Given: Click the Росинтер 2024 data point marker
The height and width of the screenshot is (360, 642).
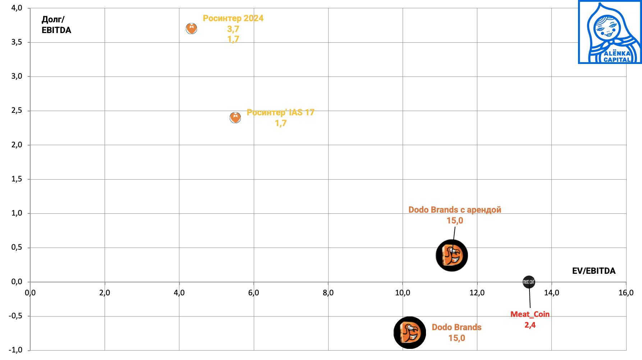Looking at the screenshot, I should click(x=192, y=28).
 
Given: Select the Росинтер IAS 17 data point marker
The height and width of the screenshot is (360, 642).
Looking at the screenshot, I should click(x=235, y=117).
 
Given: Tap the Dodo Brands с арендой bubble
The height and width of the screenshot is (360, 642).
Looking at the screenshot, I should click(x=452, y=255).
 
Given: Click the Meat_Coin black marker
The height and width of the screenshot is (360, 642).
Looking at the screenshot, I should click(x=529, y=282).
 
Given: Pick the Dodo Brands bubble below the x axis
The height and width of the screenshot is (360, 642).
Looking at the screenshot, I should click(x=410, y=333).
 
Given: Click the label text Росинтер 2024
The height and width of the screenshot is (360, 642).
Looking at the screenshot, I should click(x=233, y=18).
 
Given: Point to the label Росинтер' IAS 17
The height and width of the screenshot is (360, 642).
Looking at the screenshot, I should click(x=280, y=112).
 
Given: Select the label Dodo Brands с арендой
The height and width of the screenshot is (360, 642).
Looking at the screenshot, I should click(x=455, y=210).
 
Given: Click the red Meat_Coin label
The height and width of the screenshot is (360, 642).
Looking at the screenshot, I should click(x=530, y=314).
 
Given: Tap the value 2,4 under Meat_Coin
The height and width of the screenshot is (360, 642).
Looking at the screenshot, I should click(x=530, y=325).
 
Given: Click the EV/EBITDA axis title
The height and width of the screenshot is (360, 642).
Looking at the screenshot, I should click(x=593, y=271).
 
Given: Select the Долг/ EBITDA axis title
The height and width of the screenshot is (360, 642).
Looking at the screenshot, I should click(x=56, y=25).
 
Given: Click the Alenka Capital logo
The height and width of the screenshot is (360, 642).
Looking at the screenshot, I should click(x=610, y=32).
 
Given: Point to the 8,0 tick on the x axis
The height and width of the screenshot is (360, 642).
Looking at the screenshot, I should click(x=328, y=293).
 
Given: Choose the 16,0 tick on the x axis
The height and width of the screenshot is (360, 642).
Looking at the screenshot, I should click(x=626, y=293).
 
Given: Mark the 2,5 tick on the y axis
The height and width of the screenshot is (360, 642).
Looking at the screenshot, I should click(x=17, y=111).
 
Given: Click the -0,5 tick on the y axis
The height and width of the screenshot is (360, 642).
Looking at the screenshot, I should click(x=15, y=316).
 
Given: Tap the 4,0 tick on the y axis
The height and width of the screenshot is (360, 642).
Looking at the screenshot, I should click(x=17, y=8).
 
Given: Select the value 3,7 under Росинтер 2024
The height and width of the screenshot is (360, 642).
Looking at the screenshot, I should click(x=233, y=29).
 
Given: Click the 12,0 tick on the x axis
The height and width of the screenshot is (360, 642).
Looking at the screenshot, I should click(x=477, y=293).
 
